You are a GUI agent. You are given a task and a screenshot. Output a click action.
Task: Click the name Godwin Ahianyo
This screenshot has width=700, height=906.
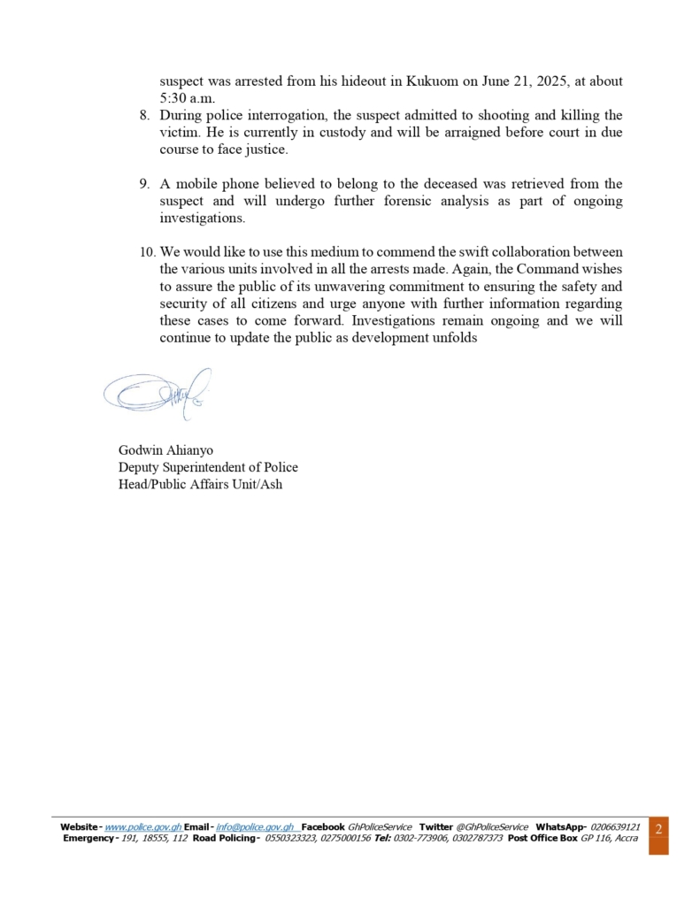point(165,450)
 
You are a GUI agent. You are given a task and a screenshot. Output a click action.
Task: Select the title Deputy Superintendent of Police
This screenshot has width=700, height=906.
point(208,467)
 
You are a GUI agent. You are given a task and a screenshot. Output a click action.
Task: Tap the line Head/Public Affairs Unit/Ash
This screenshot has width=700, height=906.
point(200,484)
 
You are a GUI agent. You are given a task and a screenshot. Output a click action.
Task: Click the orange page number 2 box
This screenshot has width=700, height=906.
point(658,834)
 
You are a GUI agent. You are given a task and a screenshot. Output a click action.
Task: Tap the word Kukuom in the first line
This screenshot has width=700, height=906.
point(434,81)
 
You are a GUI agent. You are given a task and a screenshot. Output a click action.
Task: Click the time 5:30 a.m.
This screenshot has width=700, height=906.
point(187,98)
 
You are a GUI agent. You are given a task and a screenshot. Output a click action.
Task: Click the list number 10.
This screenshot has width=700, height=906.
point(148,252)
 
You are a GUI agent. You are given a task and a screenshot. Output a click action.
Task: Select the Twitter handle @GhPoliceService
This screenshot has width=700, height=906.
point(492,826)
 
